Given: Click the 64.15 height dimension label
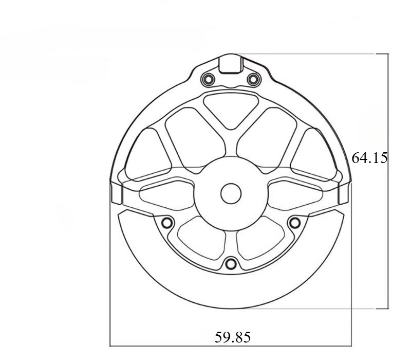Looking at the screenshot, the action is (x=369, y=158).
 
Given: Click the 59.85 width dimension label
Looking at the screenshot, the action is (x=233, y=337).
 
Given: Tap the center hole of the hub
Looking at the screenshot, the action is (x=231, y=194).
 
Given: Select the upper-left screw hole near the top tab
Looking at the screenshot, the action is (x=209, y=79).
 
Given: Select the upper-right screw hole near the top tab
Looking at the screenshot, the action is (x=253, y=79).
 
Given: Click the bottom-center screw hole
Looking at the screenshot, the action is (x=231, y=263).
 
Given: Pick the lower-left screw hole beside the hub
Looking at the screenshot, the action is (x=167, y=223).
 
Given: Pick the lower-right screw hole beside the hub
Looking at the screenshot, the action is (x=294, y=223).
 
